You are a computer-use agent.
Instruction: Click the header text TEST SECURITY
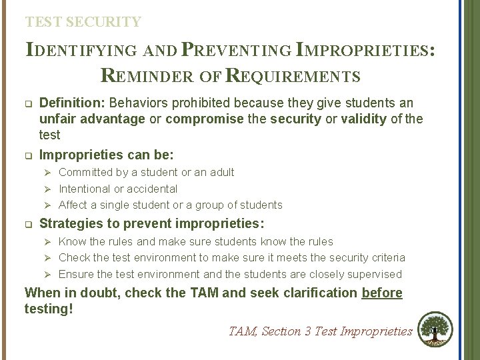(83, 22)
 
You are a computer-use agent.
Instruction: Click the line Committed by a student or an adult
(146, 173)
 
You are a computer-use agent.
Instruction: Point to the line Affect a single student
(170, 205)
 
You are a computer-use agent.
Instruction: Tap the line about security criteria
(231, 257)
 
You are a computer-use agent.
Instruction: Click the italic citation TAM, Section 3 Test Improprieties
(321, 331)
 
